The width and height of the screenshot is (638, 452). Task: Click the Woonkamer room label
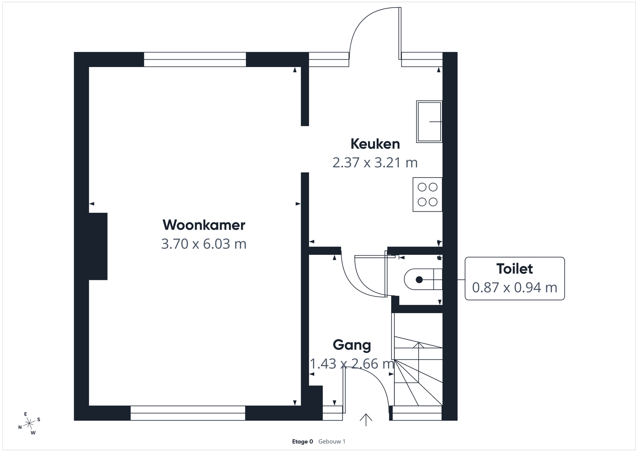204,225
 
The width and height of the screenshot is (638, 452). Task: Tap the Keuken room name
375,144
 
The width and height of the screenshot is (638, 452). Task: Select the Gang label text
352,345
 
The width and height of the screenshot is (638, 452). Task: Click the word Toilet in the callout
514,269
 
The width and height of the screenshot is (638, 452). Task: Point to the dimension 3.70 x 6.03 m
204,244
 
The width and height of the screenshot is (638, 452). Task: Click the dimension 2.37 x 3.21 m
375,163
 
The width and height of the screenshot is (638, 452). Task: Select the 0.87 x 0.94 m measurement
514,287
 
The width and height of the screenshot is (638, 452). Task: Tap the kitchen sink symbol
429,121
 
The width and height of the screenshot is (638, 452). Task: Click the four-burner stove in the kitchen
427,194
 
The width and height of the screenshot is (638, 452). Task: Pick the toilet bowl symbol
423,280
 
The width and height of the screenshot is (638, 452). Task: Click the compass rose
29,424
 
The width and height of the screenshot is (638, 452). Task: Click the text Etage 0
303,442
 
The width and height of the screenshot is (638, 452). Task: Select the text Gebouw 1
332,442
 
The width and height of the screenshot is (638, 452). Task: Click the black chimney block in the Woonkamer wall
98,246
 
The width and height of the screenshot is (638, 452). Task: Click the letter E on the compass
26,414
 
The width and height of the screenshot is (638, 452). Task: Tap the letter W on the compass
33,433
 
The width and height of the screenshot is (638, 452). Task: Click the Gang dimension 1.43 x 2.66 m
352,364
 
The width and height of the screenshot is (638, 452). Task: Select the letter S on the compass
39,420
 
